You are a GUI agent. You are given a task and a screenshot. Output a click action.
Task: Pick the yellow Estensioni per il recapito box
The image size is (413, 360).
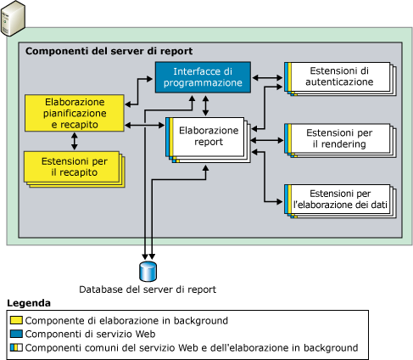71,166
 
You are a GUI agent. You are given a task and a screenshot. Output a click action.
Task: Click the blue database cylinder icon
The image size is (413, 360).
148,271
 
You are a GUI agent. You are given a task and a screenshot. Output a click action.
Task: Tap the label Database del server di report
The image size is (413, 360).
148,290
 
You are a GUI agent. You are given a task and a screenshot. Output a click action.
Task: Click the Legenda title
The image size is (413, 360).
29,303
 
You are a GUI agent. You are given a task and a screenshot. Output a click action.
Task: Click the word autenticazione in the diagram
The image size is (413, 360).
341,82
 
